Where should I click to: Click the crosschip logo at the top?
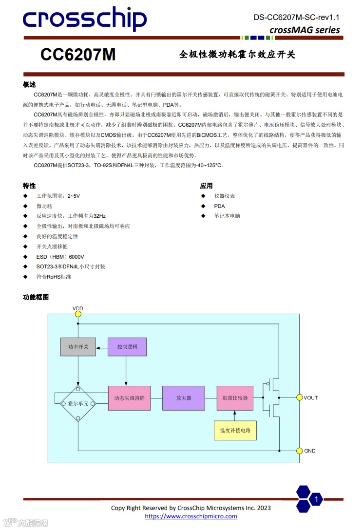[84, 19]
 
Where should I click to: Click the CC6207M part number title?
[78, 55]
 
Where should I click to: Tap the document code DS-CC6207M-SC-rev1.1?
[296, 18]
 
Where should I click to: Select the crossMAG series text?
[305, 30]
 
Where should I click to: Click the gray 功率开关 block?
[78, 347]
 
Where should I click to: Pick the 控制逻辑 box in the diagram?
[127, 347]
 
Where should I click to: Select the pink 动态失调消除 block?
[129, 397]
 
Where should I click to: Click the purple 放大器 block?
[184, 397]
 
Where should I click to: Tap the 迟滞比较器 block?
[235, 397]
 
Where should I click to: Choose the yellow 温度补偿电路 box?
[235, 430]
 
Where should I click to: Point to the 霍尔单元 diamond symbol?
[78, 403]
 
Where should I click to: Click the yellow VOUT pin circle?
[300, 397]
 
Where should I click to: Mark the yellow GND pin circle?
[300, 451]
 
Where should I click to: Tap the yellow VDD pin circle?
[78, 315]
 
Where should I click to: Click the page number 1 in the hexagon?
[316, 499]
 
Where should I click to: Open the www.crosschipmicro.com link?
[191, 516]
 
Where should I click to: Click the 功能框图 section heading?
[36, 297]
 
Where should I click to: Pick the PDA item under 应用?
[219, 206]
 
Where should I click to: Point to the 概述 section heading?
[29, 84]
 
